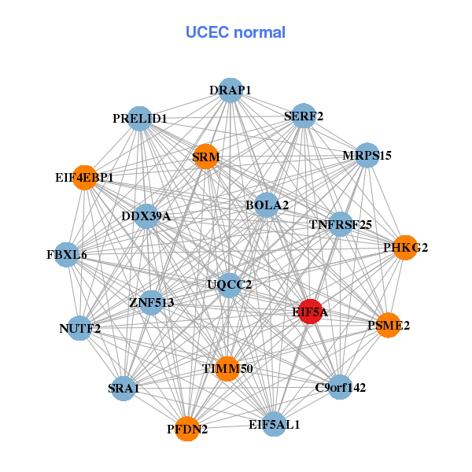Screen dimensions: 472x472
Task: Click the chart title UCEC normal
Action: coord(235,32)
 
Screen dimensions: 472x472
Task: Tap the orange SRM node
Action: coord(205,157)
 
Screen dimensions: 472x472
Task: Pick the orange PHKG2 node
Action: coord(405,248)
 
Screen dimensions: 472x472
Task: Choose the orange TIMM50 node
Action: coord(227,368)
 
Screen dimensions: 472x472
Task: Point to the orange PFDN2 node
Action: coord(187,429)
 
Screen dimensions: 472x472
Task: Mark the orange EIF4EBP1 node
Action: coord(84,178)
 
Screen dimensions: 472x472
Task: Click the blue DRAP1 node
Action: coord(230,90)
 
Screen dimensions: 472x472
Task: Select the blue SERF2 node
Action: coord(303,116)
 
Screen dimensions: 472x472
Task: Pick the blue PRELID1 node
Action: coord(139,119)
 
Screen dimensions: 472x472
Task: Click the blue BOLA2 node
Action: coord(267,205)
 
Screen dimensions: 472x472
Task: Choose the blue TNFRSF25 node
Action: coord(341,224)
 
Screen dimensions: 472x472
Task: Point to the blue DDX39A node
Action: coord(146,216)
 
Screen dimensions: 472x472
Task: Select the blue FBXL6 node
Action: coord(67,255)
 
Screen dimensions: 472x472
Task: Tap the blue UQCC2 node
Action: coord(229,284)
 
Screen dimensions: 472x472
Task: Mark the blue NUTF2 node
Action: coord(79,328)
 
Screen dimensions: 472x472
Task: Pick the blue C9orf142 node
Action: coord(340,386)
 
